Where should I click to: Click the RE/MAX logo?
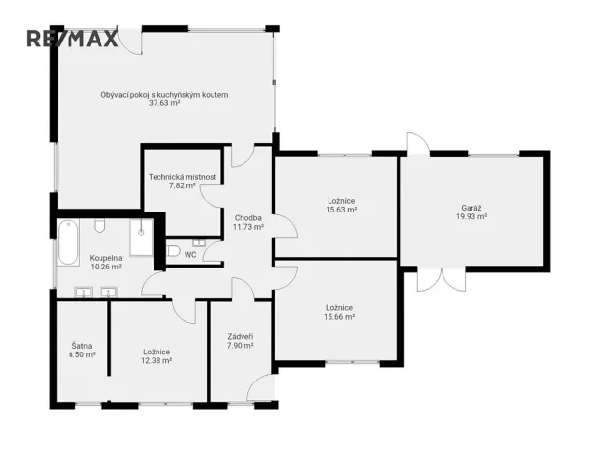pos(71,39)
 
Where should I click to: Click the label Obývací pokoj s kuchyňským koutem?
pos(164,94)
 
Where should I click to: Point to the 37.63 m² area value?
pos(164,103)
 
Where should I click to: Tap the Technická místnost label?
pos(183,177)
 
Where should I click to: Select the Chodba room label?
pos(248,218)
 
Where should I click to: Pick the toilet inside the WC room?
pos(172,252)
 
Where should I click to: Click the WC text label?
pos(190,256)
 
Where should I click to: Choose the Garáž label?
pos(471,208)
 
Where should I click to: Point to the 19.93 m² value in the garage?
pos(471,217)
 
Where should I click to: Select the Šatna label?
pos(82,346)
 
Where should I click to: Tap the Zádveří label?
pos(240,336)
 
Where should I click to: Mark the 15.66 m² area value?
pos(338,316)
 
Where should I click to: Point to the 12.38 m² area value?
pos(157,360)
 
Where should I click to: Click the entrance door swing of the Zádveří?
pos(260,388)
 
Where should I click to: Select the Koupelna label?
pos(105,258)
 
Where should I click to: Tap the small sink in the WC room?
pos(199,242)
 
